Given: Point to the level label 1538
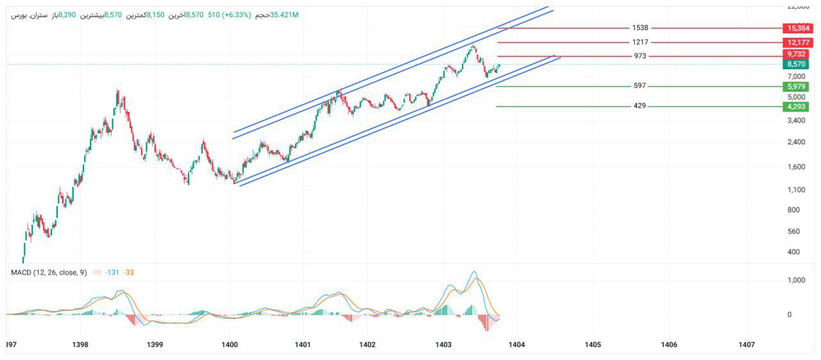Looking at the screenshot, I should pos(639,28).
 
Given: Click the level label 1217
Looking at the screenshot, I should pos(639,42).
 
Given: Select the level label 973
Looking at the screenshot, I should pos(639,56).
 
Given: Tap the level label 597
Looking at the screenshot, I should pos(639,86).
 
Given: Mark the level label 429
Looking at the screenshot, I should pos(639,107).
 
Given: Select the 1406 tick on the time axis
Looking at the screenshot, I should pos(669,345).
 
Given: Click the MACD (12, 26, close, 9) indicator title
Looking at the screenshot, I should pos(49,273).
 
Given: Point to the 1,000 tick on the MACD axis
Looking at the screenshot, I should pos(795,280).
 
